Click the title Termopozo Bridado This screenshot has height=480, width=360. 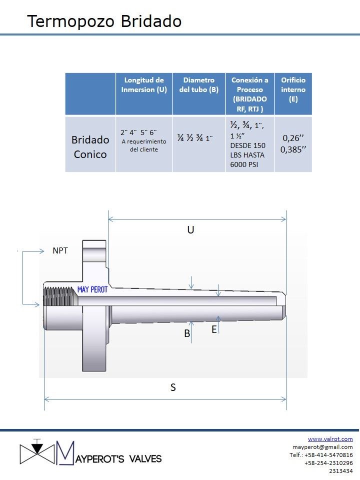coord(104,21)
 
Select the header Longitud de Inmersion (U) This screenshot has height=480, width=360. coord(144,85)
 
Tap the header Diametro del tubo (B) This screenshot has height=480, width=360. coord(198,85)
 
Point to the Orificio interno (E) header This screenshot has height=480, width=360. coord(293,89)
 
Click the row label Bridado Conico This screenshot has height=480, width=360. coord(90,147)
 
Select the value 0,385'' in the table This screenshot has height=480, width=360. coord(293,149)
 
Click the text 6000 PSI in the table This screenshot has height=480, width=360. coord(244,164)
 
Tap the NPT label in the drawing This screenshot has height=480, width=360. coord(60,250)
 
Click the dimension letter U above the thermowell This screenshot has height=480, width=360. coord(190,229)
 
